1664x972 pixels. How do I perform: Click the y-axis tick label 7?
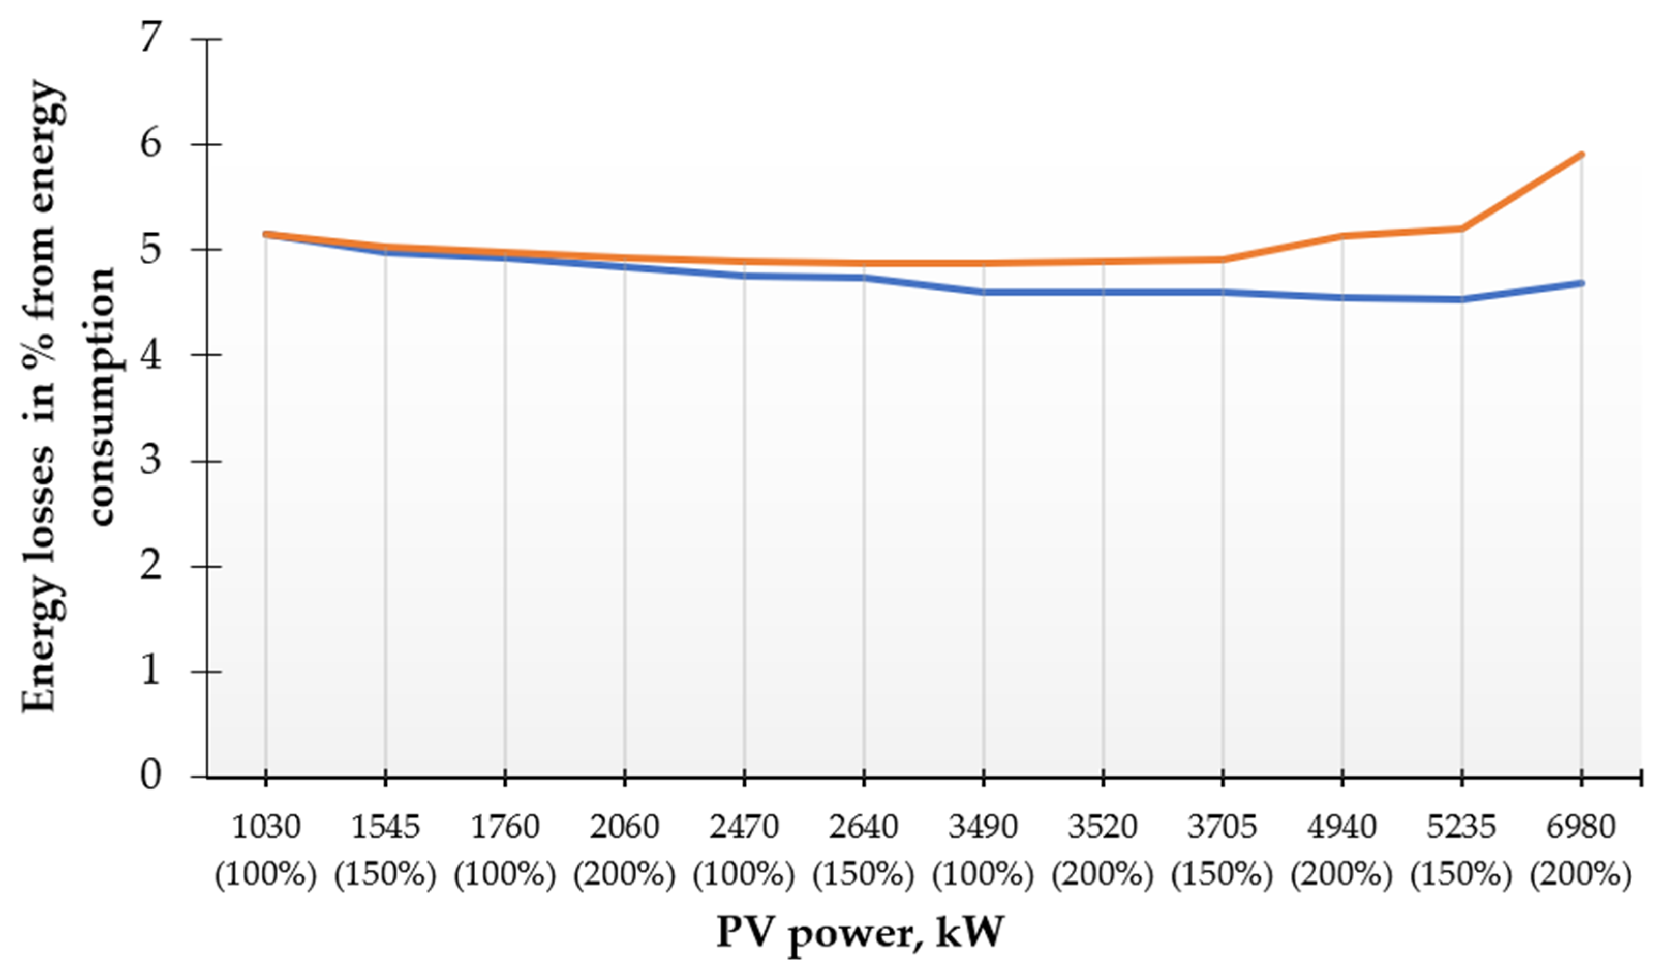pyautogui.click(x=150, y=38)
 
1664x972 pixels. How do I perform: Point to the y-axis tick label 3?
pyautogui.click(x=150, y=460)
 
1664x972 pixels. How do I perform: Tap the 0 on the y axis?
pyautogui.click(x=150, y=777)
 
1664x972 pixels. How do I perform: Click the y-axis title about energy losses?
pyautogui.click(x=69, y=396)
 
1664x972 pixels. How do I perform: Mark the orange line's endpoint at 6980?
pyautogui.click(x=1581, y=155)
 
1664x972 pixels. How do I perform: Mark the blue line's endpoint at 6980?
pyautogui.click(x=1581, y=283)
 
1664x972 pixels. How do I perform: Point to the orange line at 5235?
pyautogui.click(x=1461, y=229)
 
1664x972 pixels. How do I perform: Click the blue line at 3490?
pyautogui.click(x=983, y=292)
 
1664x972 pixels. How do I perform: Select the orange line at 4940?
pyautogui.click(x=1342, y=236)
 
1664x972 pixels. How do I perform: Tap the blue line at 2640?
pyautogui.click(x=864, y=277)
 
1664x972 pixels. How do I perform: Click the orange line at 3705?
pyautogui.click(x=1222, y=260)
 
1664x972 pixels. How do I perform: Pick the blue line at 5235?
pyautogui.click(x=1461, y=299)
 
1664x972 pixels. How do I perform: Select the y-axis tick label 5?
pyautogui.click(x=150, y=250)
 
